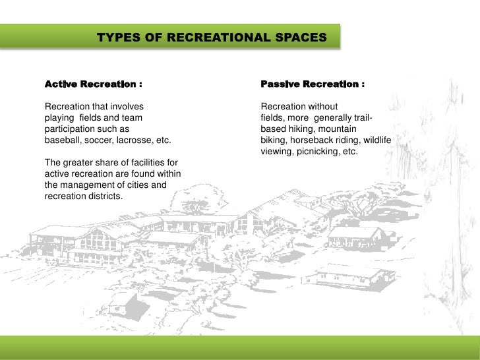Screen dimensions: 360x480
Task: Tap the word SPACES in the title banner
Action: tap(300, 38)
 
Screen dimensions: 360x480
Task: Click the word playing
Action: tap(57, 118)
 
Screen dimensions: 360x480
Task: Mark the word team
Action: tap(130, 118)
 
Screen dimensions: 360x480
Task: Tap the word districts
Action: tap(104, 196)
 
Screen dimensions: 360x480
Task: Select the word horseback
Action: tap(316, 140)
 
